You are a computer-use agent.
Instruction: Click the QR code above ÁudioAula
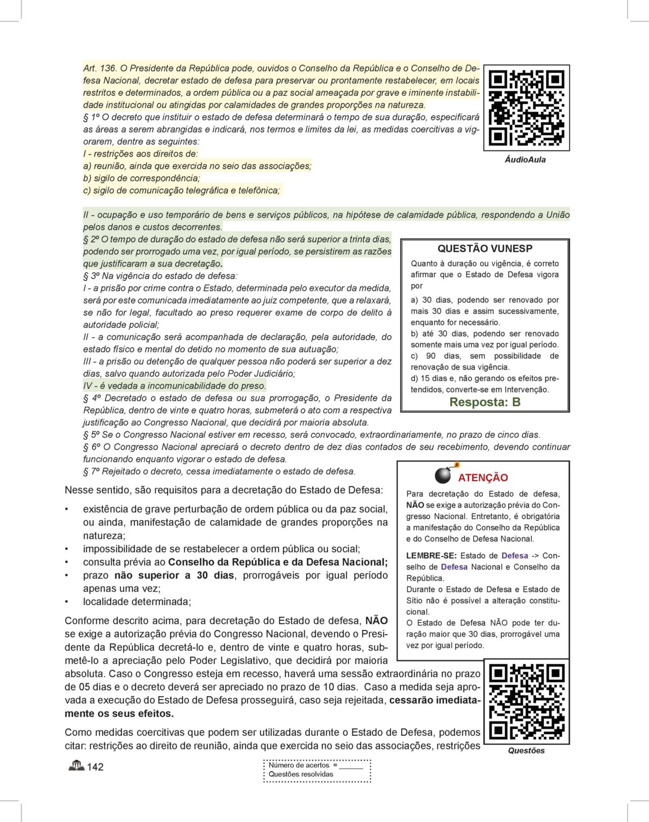tap(526, 108)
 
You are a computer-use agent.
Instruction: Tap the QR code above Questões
tap(526, 702)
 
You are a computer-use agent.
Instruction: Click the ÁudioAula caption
tap(525, 159)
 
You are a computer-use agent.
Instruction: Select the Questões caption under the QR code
tap(526, 750)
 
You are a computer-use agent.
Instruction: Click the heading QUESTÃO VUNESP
tap(485, 248)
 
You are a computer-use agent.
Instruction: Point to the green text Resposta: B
tap(485, 402)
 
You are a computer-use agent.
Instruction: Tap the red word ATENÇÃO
tap(483, 477)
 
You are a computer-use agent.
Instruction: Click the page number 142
tap(95, 767)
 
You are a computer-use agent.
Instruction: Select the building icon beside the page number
tap(76, 766)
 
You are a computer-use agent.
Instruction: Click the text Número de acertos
tap(299, 765)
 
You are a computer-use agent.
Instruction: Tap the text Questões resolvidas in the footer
tap(301, 774)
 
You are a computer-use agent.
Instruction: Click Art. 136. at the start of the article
tap(100, 68)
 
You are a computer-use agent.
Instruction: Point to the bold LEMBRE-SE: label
tap(431, 555)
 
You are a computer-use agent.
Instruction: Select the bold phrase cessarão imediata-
tap(435, 700)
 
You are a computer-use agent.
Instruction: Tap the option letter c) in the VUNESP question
tap(414, 356)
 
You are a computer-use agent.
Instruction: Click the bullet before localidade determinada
tap(67, 602)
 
